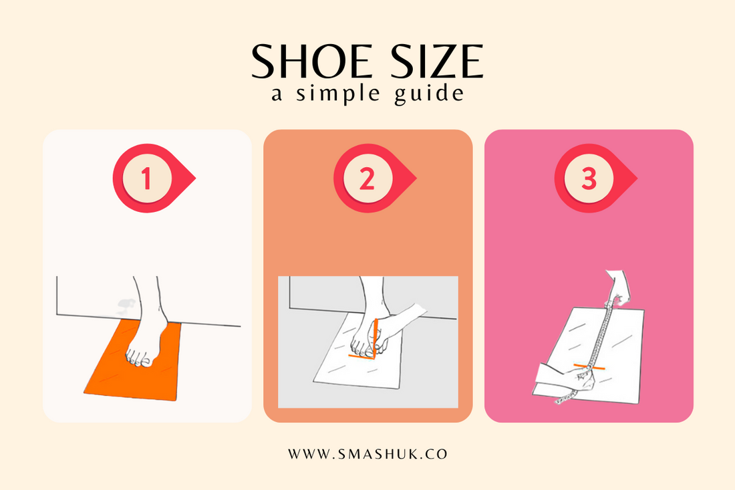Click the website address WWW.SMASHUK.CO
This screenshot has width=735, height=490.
[x=367, y=454]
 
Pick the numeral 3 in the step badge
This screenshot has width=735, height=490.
[x=588, y=179]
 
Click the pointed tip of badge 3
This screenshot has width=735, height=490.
[x=635, y=179]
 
